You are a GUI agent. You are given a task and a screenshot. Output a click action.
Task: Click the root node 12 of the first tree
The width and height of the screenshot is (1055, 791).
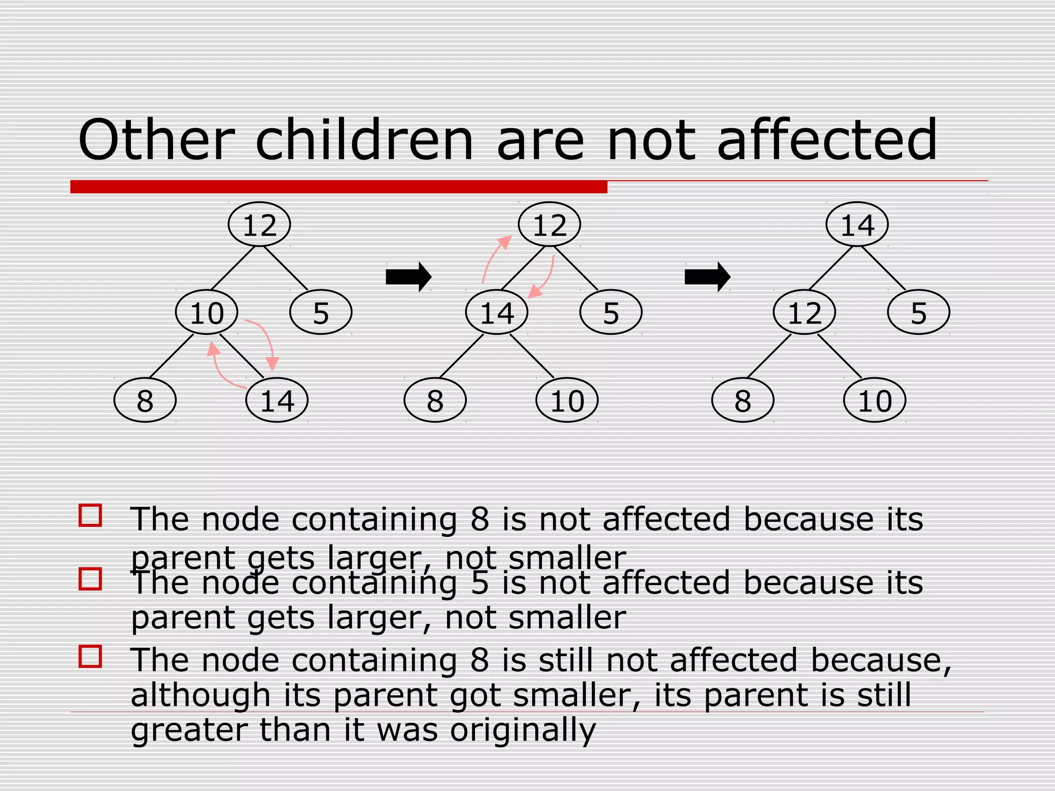(259, 225)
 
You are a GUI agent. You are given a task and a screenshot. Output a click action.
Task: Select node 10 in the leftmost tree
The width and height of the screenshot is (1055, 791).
(207, 313)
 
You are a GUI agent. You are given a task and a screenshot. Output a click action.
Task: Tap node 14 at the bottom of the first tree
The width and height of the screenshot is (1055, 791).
(277, 400)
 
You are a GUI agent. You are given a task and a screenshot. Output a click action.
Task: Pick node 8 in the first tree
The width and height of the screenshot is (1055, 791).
(145, 400)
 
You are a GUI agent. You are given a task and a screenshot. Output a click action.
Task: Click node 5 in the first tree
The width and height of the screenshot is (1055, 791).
(320, 313)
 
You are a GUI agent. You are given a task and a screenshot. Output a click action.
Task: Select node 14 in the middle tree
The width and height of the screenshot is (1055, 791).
(497, 313)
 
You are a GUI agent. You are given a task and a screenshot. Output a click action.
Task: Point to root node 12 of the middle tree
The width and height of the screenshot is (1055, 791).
(549, 225)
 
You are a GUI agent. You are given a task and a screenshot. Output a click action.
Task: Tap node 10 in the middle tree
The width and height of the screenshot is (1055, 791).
(567, 400)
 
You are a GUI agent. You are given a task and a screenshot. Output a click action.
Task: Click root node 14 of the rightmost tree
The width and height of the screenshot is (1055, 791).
(857, 225)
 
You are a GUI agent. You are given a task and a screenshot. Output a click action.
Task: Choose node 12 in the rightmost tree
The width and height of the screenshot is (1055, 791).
(804, 313)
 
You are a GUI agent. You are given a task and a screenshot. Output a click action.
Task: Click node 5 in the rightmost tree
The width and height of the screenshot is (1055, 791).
(918, 313)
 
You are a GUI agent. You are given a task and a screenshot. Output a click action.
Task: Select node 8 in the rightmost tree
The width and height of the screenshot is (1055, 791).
(742, 400)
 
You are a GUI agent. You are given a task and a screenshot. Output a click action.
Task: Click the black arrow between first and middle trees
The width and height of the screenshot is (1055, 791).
(408, 277)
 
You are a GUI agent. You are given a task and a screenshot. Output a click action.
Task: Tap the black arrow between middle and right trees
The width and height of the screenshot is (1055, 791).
(707, 277)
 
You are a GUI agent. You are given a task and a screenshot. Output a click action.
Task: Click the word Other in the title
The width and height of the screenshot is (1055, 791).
(156, 140)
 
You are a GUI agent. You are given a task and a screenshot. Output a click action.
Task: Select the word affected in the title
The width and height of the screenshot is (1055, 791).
(826, 140)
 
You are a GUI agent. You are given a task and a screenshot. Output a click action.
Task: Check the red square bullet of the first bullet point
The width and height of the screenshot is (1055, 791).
(90, 515)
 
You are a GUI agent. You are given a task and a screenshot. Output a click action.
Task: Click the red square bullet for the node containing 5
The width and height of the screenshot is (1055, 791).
(90, 579)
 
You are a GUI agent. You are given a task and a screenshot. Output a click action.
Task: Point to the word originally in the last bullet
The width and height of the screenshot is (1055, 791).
(522, 729)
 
